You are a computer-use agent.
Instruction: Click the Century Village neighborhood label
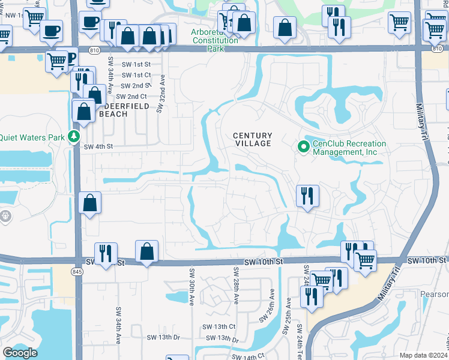(252, 139)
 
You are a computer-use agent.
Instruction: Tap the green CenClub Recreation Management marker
(303, 146)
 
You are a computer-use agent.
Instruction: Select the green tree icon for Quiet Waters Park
(74, 137)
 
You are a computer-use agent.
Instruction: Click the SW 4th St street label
(98, 146)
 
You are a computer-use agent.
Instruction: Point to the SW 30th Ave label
(191, 287)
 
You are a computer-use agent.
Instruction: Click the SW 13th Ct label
(219, 326)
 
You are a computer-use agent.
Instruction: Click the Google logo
(20, 352)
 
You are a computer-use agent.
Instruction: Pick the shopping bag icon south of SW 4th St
(89, 203)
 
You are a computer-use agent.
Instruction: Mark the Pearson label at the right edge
(434, 294)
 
